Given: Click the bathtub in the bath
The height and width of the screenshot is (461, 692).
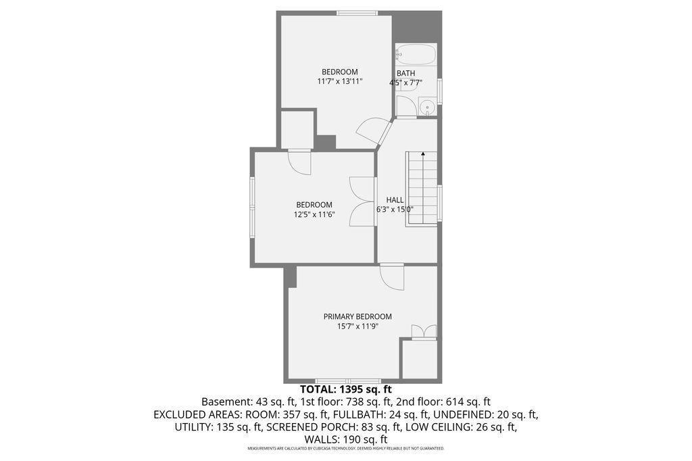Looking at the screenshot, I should coord(416,54).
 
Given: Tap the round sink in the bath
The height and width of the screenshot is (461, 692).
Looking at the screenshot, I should coord(427,107).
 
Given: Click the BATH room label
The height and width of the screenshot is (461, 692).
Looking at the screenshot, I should coord(405,73).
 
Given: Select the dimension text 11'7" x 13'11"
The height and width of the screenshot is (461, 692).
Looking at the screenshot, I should coord(340,82).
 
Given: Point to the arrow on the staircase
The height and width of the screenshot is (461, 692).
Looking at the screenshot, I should coord(423,155).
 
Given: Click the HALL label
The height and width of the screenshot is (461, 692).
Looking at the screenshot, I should coord(395,200).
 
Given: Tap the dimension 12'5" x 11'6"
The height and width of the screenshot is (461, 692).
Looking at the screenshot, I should coord(314,215).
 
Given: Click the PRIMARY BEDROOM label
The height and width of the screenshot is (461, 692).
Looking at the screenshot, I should coord(357,316).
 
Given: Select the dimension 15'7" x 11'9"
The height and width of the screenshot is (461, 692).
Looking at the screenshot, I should coord(357,326).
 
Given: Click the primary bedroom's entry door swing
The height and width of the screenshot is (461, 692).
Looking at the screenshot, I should coord(393,277).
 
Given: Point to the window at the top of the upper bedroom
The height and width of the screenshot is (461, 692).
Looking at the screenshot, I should coord(357,12).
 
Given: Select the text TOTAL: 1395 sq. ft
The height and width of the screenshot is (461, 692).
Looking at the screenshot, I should coord(345,389).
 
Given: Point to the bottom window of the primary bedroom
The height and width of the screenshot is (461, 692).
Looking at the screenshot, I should coord(349,381).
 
